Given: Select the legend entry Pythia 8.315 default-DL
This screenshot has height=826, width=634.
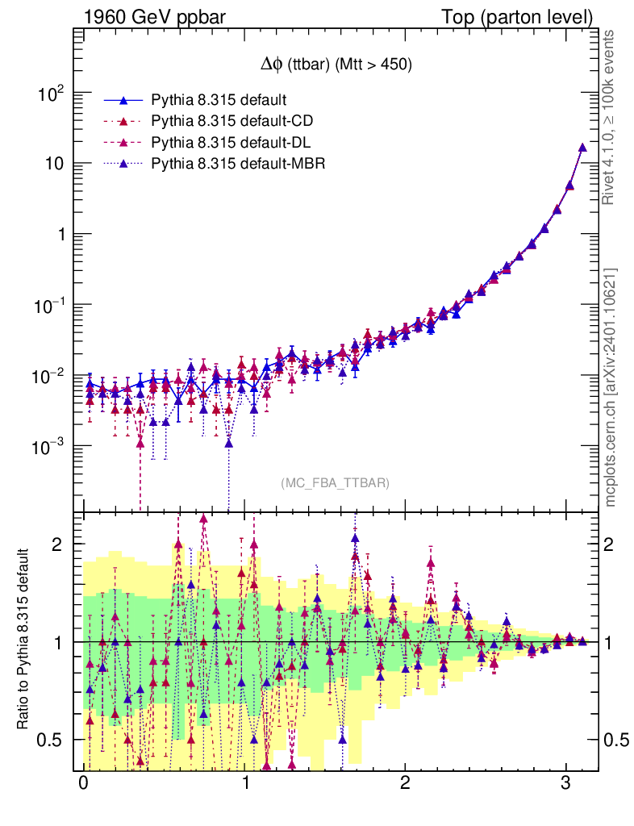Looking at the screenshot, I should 231,142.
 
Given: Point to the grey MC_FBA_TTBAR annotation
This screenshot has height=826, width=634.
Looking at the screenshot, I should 336,482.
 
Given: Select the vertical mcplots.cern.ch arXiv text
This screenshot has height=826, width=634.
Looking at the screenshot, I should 611,387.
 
